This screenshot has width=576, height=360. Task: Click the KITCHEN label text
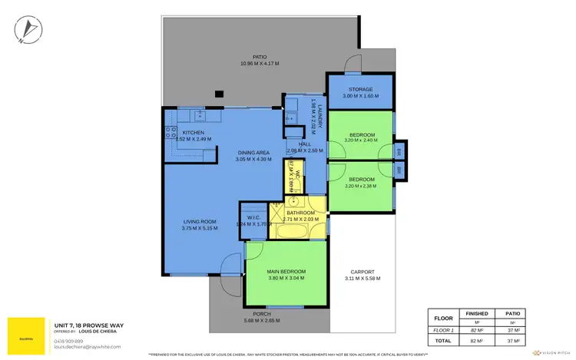[193, 133]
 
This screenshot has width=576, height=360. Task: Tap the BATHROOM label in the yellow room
[305, 213]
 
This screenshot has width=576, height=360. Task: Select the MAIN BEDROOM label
[286, 272]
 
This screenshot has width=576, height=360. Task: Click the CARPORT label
[361, 272]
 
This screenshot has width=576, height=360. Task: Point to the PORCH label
[261, 314]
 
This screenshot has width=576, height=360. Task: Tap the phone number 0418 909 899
[69, 340]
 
